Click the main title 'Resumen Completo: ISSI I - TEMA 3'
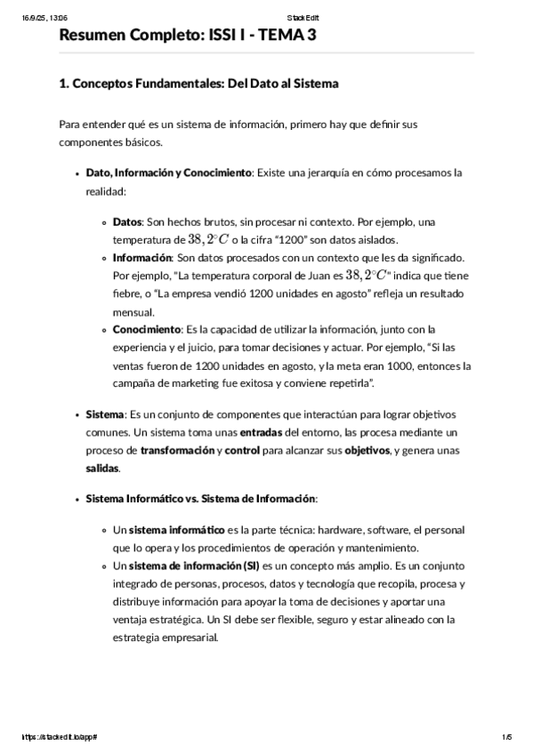187,35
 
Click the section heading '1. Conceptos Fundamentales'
198,84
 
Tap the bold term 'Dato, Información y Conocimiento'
169,173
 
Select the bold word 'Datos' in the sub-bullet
129,221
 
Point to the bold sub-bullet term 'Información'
142,257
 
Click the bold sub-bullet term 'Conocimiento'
147,330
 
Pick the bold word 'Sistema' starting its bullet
105,414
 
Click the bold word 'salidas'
101,469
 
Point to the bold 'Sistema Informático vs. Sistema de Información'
200,499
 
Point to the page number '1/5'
506,737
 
